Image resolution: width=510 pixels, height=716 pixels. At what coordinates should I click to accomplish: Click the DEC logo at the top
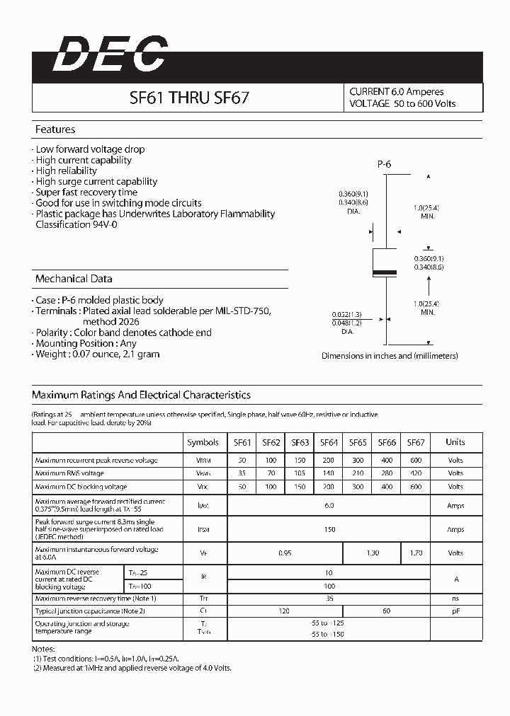[x=110, y=54]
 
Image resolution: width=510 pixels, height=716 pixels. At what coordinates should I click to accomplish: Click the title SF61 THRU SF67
[x=189, y=98]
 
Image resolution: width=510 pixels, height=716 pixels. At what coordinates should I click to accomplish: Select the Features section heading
[x=55, y=129]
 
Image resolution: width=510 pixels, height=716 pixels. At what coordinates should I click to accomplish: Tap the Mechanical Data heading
[x=74, y=279]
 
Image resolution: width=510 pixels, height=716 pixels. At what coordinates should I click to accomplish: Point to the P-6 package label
[x=384, y=164]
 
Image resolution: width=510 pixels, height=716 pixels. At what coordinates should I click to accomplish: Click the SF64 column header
[x=329, y=442]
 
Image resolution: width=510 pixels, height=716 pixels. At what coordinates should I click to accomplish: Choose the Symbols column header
[x=203, y=442]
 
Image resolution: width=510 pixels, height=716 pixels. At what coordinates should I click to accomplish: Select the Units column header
[x=455, y=442]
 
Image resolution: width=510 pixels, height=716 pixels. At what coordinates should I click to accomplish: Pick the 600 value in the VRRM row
[x=416, y=460]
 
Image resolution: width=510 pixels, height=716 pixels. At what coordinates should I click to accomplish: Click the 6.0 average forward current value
[x=329, y=505]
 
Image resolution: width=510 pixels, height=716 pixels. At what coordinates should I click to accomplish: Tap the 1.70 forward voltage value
[x=416, y=553]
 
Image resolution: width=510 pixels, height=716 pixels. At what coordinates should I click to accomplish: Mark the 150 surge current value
[x=329, y=529]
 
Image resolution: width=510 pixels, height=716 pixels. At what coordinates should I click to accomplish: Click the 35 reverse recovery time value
[x=329, y=599]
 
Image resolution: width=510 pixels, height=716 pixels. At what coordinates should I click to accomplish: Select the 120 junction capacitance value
[x=285, y=611]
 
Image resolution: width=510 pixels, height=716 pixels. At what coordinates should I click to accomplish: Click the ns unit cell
[x=455, y=599]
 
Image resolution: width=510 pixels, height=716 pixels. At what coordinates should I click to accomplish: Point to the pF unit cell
[x=455, y=611]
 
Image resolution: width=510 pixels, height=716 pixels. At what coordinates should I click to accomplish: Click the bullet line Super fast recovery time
[x=86, y=192]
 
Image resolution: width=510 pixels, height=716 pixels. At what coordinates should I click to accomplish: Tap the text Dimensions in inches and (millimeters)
[x=390, y=356]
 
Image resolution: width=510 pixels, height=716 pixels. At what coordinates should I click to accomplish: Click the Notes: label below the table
[x=43, y=649]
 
